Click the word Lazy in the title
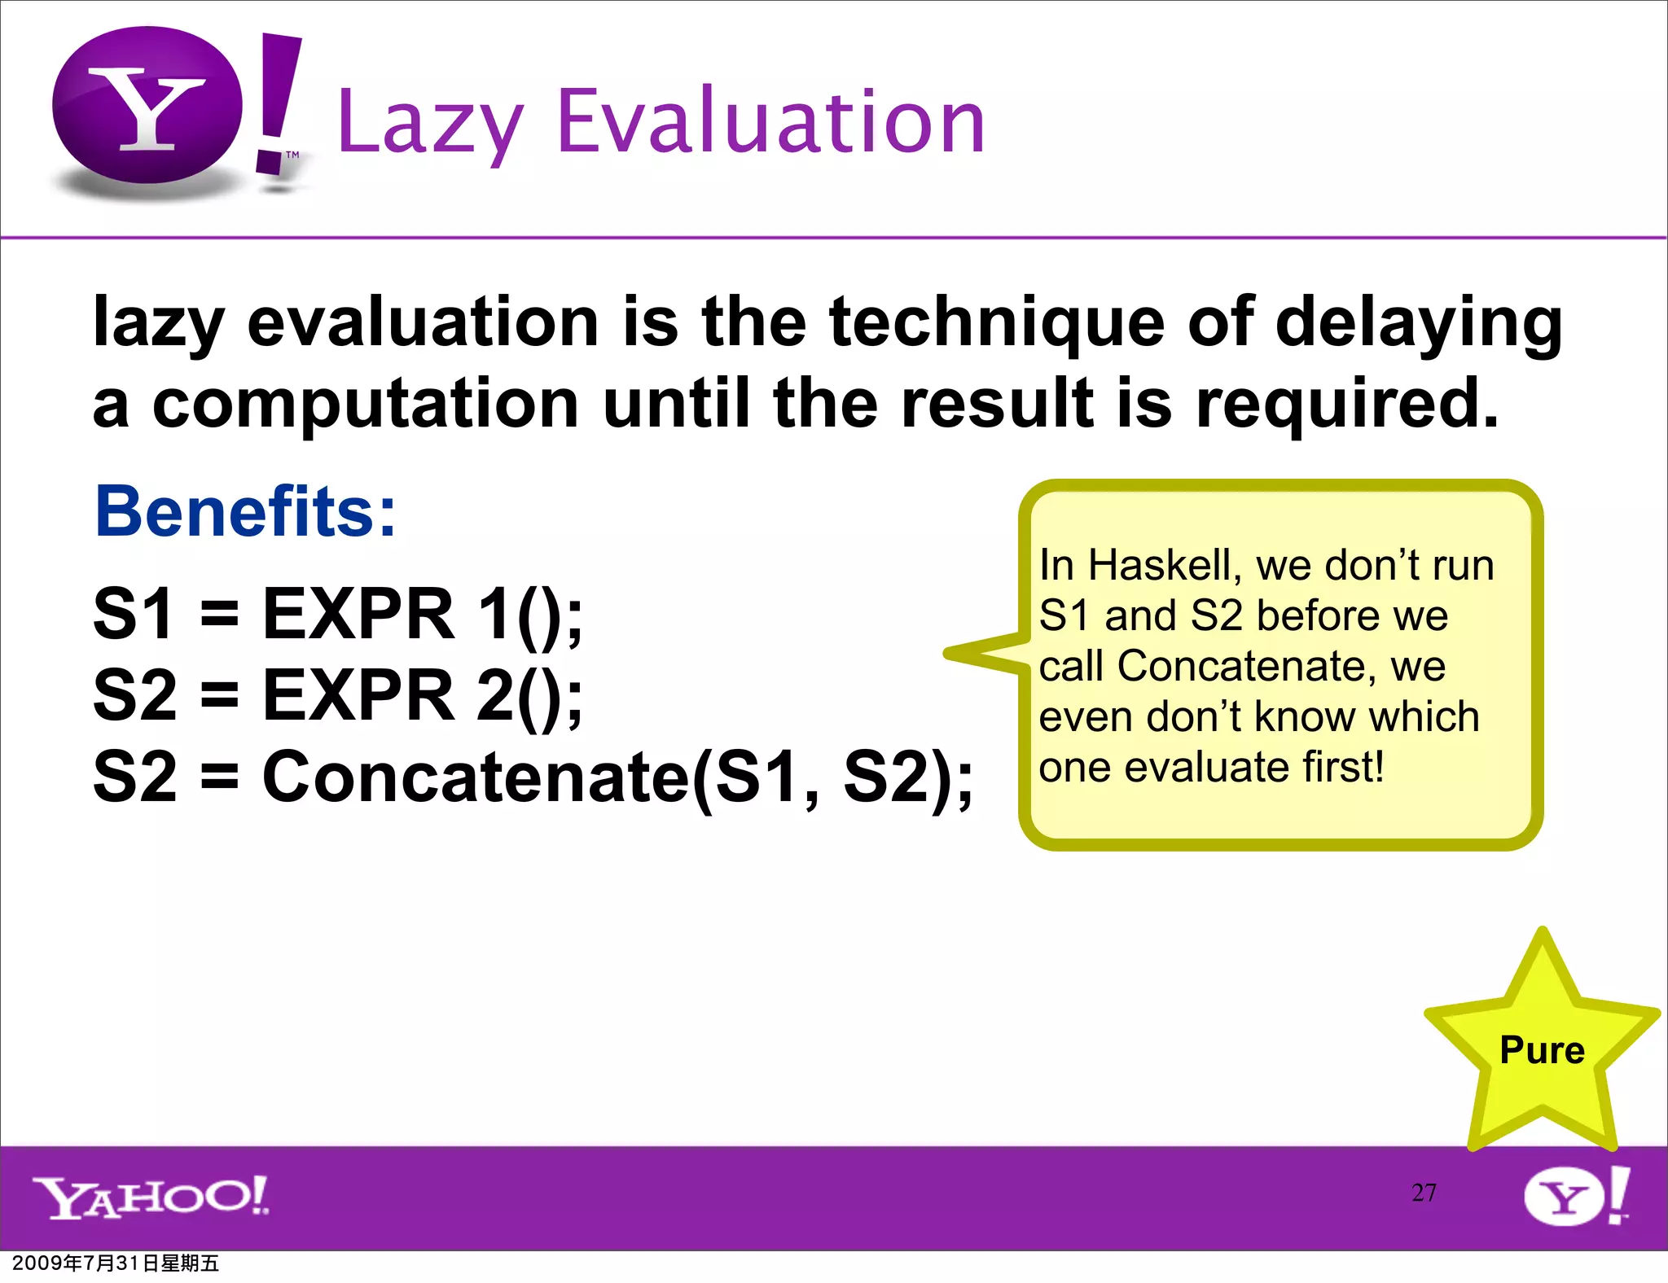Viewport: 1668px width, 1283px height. pyautogui.click(x=429, y=124)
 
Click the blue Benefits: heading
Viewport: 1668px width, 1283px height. pyautogui.click(x=245, y=511)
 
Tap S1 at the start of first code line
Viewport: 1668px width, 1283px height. pyautogui.click(x=134, y=614)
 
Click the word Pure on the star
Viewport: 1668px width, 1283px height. pyautogui.click(x=1542, y=1050)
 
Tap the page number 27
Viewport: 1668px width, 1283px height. pyautogui.click(x=1424, y=1193)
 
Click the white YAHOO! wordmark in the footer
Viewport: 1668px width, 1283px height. pyautogui.click(x=151, y=1197)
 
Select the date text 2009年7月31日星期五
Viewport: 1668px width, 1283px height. pyautogui.click(x=116, y=1263)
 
